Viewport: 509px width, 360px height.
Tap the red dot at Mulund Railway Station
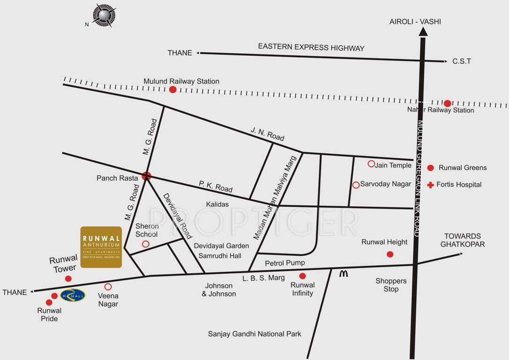pos(173,90)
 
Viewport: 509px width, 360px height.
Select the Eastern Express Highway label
pos(311,48)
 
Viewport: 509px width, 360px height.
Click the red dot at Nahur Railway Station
pos(448,104)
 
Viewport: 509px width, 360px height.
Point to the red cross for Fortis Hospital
pos(430,185)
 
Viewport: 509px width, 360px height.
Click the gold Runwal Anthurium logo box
pos(101,247)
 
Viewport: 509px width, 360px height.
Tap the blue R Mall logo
pos(73,295)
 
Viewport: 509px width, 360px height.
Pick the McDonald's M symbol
pos(344,274)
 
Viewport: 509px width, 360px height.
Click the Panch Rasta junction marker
pos(146,176)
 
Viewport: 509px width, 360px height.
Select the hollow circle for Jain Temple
pos(371,164)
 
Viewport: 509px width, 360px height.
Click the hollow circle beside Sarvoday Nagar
pos(356,185)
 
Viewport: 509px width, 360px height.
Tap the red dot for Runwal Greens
pos(430,168)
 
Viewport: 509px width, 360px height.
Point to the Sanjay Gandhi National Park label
pos(255,334)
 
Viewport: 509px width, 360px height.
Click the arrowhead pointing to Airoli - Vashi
pos(423,32)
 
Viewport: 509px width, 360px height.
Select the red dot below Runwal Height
pos(390,254)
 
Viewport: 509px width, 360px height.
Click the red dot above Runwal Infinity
pos(303,276)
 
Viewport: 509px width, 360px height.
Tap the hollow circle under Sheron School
pos(145,244)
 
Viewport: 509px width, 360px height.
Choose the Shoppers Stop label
pos(391,285)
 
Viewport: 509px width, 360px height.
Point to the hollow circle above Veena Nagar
pos(108,286)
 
